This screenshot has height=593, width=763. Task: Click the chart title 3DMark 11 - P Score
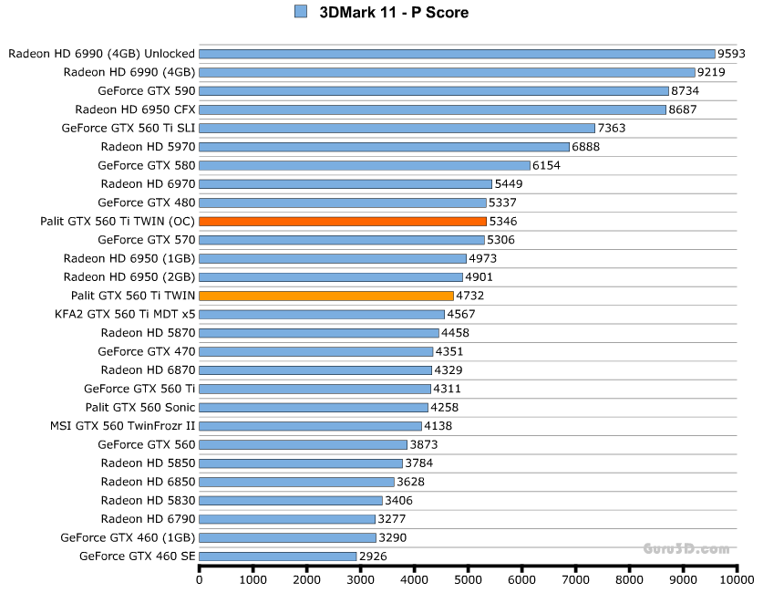click(394, 13)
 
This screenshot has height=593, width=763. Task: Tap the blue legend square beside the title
click(301, 12)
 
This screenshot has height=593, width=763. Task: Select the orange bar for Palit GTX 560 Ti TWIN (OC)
click(342, 221)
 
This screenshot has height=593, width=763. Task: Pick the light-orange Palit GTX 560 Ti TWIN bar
click(325, 296)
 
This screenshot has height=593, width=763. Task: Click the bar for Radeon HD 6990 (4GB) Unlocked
click(457, 54)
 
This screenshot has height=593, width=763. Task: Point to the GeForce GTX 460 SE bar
click(277, 556)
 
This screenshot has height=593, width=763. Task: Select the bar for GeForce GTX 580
click(364, 165)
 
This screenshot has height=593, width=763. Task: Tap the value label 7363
click(611, 128)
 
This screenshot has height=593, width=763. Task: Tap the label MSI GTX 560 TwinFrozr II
click(123, 425)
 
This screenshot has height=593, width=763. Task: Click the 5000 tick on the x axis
click(468, 579)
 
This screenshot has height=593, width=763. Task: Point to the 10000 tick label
click(737, 579)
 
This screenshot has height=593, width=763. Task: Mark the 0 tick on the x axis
click(200, 579)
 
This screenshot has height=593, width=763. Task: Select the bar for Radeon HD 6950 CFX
click(432, 109)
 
